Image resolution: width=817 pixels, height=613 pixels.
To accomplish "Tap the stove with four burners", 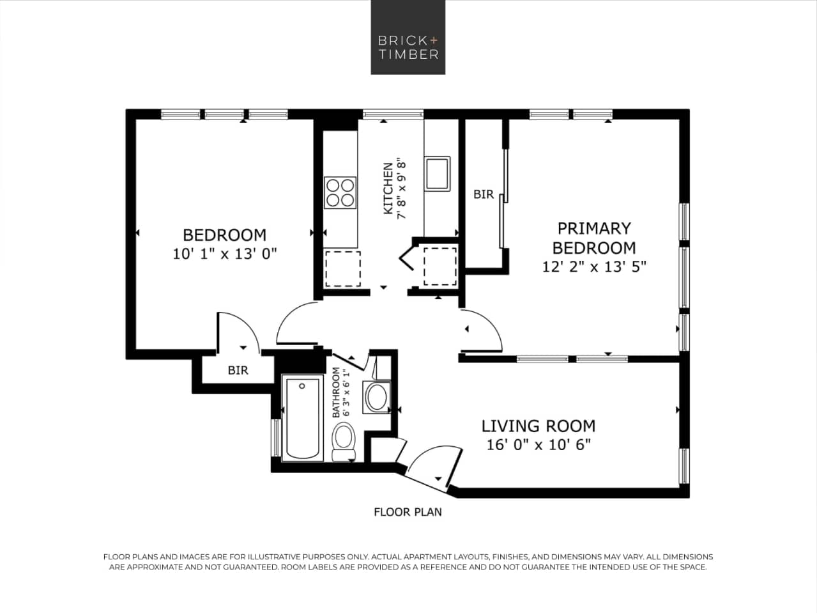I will point(340,192).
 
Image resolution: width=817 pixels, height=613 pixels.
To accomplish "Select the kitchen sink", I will point(438,173).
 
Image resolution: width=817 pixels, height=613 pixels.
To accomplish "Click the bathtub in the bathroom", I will point(302,419).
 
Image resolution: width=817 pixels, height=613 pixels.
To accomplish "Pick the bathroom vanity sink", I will point(376,397).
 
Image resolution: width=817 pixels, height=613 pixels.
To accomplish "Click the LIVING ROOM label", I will point(538,426).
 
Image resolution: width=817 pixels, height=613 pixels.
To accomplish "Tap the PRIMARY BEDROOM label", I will point(594,238).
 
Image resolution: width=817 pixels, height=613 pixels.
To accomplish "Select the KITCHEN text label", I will point(388,189).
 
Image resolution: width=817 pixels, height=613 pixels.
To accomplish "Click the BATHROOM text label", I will point(336,392).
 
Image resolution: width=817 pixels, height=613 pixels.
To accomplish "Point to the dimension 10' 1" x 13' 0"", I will point(224,254).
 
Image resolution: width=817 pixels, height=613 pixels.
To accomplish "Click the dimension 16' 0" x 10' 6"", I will point(538,445).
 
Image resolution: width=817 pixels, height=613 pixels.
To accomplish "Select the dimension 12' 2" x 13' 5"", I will point(594,267).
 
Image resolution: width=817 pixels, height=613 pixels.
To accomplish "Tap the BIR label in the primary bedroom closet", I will point(484,194).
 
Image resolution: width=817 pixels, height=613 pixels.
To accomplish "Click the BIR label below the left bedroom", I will point(238,370).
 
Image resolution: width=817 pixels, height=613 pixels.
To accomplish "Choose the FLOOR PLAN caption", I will point(408,511).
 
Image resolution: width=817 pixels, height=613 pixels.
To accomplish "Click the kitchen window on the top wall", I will point(393,114).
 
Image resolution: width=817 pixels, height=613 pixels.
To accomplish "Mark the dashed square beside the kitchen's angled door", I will point(440,265).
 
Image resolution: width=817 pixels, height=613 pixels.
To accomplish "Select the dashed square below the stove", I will point(343,268).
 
